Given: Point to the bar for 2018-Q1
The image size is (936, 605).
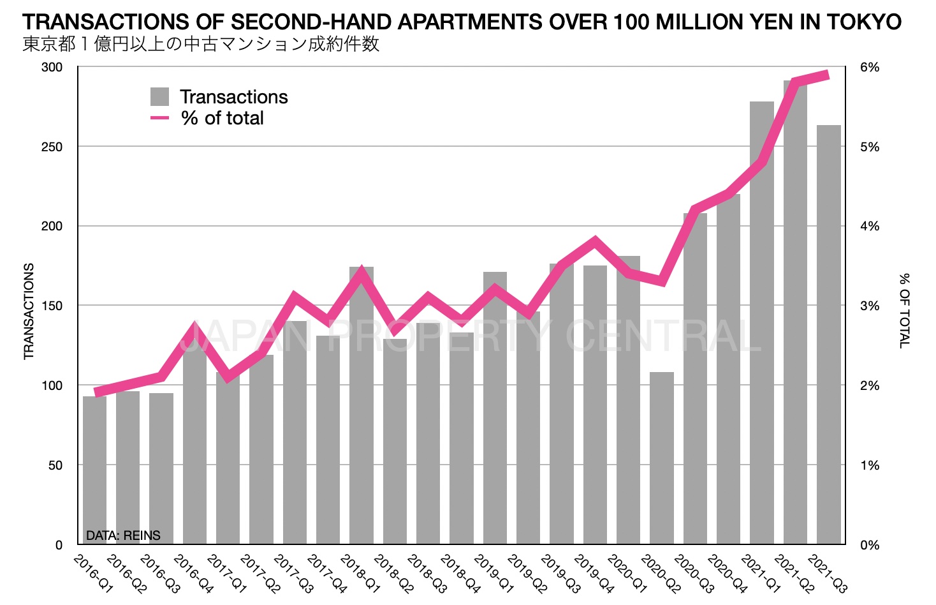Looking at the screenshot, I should coord(362,408).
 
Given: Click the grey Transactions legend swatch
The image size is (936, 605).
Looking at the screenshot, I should coord(159,97).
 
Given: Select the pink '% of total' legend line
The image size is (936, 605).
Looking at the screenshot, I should coord(159,118).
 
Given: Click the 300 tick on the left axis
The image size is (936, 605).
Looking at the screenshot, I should coord(52,68).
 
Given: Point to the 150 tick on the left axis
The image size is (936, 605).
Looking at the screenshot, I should coord(52,306).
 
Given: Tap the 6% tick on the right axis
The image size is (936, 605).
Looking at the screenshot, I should coord(869,68).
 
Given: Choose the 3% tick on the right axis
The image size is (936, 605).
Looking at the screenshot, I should coord(869,306).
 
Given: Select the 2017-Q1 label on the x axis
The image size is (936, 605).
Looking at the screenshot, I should coord(227,574).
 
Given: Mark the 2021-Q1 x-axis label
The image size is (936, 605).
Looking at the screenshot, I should coord(761,574).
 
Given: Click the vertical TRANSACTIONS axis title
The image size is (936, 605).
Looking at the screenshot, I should coord(29,311).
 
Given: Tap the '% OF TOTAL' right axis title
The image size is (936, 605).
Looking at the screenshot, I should coord(904,311).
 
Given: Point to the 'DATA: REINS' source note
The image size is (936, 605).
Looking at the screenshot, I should coord(123,535).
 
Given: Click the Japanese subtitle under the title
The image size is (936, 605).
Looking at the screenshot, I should coord(201,45).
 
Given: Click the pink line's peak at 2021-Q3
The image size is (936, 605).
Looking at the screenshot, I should coord(827,75).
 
